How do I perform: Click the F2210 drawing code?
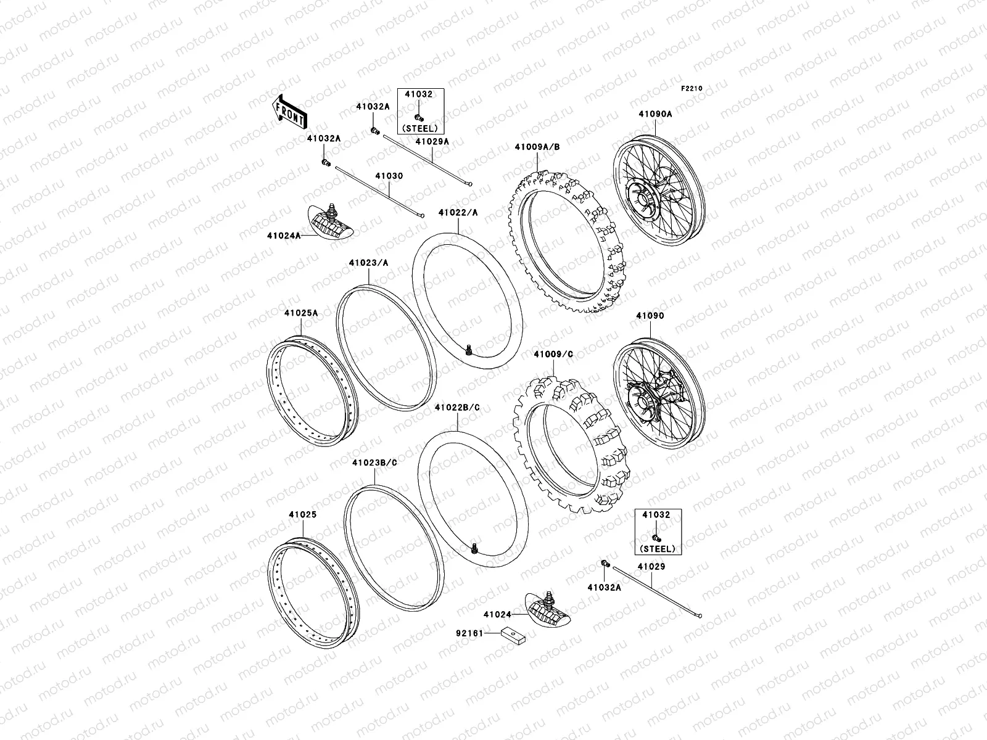click(x=692, y=88)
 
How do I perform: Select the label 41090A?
click(x=655, y=113)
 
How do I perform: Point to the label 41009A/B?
click(x=537, y=147)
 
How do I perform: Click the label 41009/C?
click(x=553, y=354)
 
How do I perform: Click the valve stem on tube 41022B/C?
click(x=474, y=546)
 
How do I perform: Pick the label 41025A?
click(x=301, y=313)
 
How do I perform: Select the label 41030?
click(x=389, y=176)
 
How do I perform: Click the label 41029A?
click(x=432, y=141)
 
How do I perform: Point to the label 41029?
click(x=651, y=566)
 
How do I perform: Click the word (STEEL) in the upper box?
click(x=419, y=128)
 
